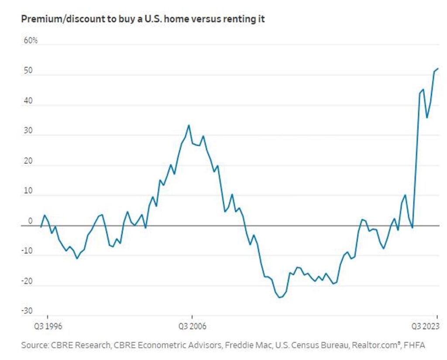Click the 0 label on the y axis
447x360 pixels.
coord(30,221)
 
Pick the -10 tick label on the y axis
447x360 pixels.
coord(27,251)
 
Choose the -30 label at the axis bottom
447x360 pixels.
coord(27,311)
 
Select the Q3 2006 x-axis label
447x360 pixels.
coord(191,325)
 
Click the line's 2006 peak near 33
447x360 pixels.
coord(189,125)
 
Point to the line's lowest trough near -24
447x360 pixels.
coord(279,298)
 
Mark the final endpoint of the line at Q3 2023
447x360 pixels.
coord(438,69)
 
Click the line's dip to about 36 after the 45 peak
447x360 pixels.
coord(427,118)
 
